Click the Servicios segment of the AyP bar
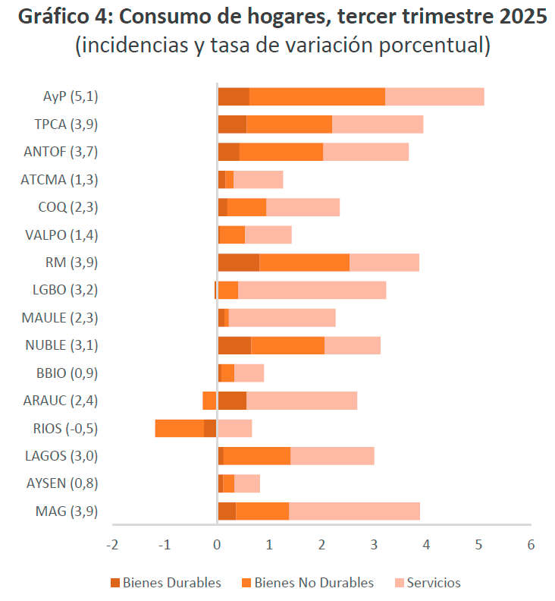pyautogui.click(x=434, y=96)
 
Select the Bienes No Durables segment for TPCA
pyautogui.click(x=289, y=124)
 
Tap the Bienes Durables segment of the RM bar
pyautogui.click(x=238, y=263)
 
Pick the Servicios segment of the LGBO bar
pyautogui.click(x=312, y=290)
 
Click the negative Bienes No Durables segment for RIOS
pyautogui.click(x=179, y=428)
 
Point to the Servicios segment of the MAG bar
pyautogui.click(x=354, y=511)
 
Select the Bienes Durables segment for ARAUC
pyautogui.click(x=232, y=401)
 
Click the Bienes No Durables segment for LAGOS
pyautogui.click(x=257, y=455)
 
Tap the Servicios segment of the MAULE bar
pyautogui.click(x=282, y=317)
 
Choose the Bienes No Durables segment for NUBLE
pyautogui.click(x=287, y=345)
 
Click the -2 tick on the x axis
pyautogui.click(x=112, y=545)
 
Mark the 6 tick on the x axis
pyautogui.click(x=531, y=545)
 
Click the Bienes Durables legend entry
pyautogui.click(x=165, y=583)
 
